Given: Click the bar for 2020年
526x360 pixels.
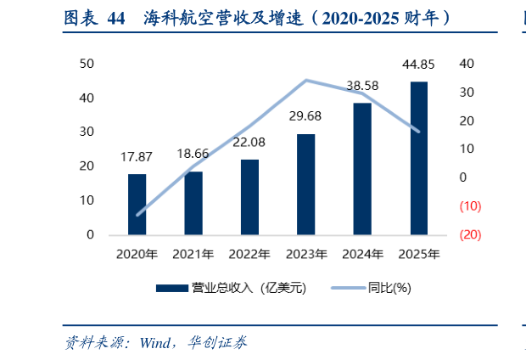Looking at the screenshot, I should [x=137, y=204].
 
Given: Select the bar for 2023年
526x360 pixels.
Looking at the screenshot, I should [x=305, y=183].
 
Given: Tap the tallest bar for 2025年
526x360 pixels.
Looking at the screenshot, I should [x=418, y=158].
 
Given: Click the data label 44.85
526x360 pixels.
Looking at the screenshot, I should [x=419, y=65].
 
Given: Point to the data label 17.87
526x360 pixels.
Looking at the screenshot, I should [x=137, y=157].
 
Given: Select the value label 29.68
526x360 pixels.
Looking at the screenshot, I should [x=305, y=116].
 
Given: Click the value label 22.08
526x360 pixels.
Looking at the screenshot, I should [x=249, y=142].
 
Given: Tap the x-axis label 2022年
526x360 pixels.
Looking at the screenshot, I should [x=249, y=254].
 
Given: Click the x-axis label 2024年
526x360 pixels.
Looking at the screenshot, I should [x=362, y=254].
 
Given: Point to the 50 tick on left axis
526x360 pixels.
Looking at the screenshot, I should [x=87, y=64].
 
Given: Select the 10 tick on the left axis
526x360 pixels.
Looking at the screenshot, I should [x=87, y=200].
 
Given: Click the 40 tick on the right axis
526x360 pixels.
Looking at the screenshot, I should [x=466, y=64].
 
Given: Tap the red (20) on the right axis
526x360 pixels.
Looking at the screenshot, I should [x=471, y=234].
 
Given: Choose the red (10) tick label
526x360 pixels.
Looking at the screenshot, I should [x=471, y=206].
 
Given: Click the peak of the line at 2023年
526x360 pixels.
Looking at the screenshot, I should [x=305, y=81].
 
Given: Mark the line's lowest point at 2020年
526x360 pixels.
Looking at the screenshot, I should [x=137, y=215].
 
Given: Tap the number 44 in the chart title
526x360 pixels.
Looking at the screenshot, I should [x=117, y=17].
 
